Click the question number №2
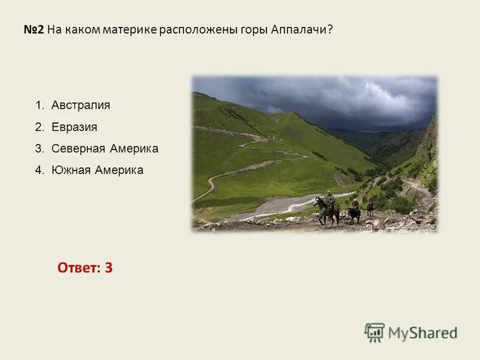point(34,29)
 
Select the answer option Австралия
point(80,105)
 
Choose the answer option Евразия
point(74,127)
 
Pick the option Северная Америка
point(104,148)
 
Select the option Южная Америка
point(97,170)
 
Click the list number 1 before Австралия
point(39,105)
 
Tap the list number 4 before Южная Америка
point(39,170)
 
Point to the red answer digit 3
point(109,268)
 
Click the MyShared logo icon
point(374,332)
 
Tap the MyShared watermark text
point(422,333)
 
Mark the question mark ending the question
point(329,29)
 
